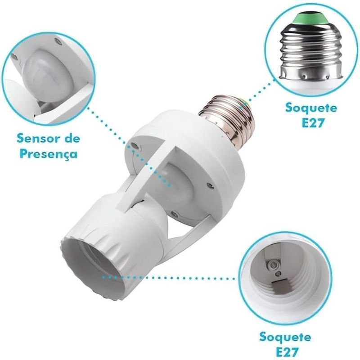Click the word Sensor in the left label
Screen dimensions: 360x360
click(34, 136)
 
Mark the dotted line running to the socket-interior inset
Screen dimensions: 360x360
click(171, 278)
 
